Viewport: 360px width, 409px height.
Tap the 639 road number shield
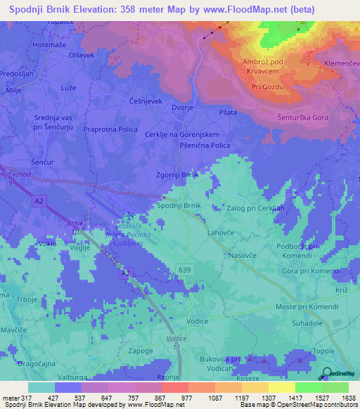184,268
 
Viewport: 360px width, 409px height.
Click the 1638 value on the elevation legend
349,398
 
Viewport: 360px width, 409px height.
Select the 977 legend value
186,398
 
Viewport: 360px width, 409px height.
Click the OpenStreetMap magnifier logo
326,373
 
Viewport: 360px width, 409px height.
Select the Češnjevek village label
146,101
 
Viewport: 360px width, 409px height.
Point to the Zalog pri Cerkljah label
256,209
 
